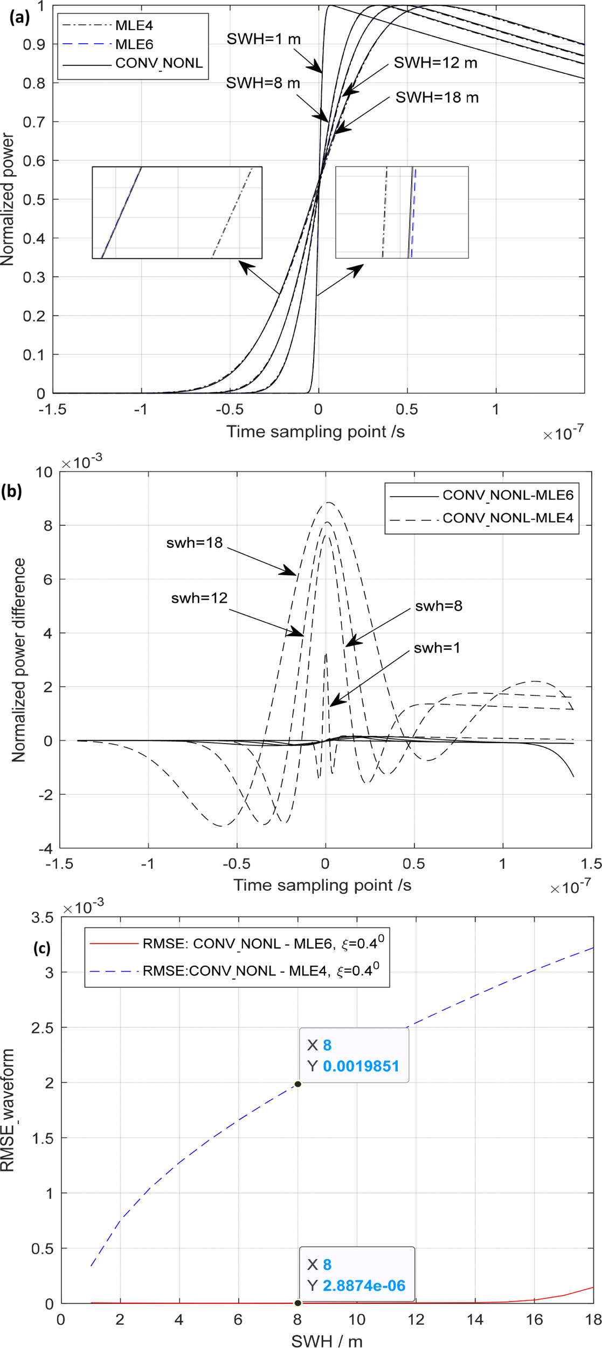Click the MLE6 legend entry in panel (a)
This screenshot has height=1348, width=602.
134,44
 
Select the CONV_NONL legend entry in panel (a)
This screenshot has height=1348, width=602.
159,63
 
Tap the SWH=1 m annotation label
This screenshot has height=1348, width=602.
264,39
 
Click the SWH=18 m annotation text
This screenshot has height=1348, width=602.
437,98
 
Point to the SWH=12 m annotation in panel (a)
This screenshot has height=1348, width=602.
435,63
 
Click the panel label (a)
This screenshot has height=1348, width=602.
19,17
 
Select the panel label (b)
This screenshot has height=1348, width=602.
12,491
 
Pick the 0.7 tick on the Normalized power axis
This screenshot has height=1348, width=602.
33,122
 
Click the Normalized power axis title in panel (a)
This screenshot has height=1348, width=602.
8,200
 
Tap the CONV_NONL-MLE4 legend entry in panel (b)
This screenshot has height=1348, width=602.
507,518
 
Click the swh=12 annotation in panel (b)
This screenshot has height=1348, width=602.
199,598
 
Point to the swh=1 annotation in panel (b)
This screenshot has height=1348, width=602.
437,648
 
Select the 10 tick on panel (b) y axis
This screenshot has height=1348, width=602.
44,472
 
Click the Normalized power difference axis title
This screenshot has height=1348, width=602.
19,660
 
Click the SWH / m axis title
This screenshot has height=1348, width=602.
327,1341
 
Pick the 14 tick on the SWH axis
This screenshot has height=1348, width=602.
475,1319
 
